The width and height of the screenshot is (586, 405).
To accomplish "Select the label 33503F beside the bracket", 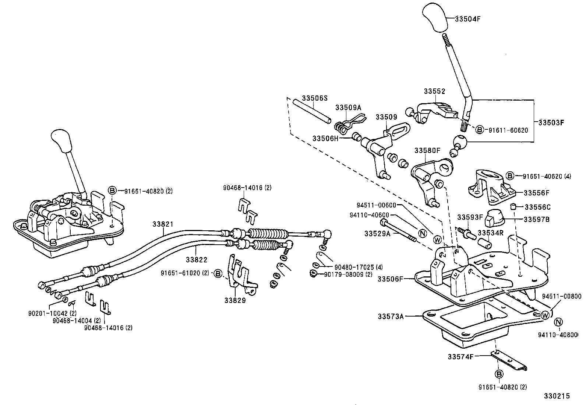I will point(551,122).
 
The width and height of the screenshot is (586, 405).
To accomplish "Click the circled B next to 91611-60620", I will point(479,130).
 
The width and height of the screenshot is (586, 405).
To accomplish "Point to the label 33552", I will point(434,91).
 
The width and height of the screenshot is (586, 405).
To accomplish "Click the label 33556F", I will point(536,193).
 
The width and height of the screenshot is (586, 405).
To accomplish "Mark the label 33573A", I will point(391,316).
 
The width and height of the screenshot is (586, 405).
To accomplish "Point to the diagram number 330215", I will point(557,396).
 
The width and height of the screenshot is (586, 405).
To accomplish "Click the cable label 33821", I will point(163,224).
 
